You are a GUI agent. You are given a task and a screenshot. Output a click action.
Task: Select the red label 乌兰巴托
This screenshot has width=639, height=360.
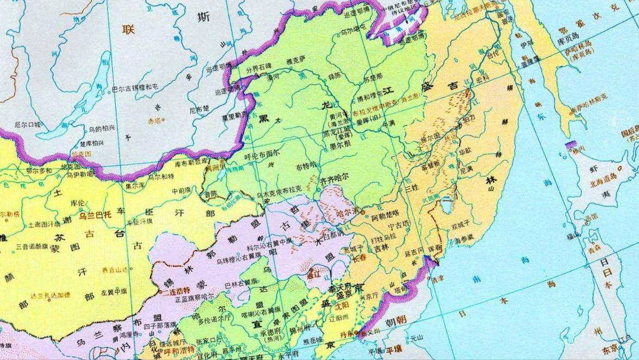click(96, 215)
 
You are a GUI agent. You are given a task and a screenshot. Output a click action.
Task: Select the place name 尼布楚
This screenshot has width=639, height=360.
click(198, 109)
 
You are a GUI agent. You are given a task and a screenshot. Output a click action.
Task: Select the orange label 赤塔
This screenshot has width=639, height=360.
click(154, 121)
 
